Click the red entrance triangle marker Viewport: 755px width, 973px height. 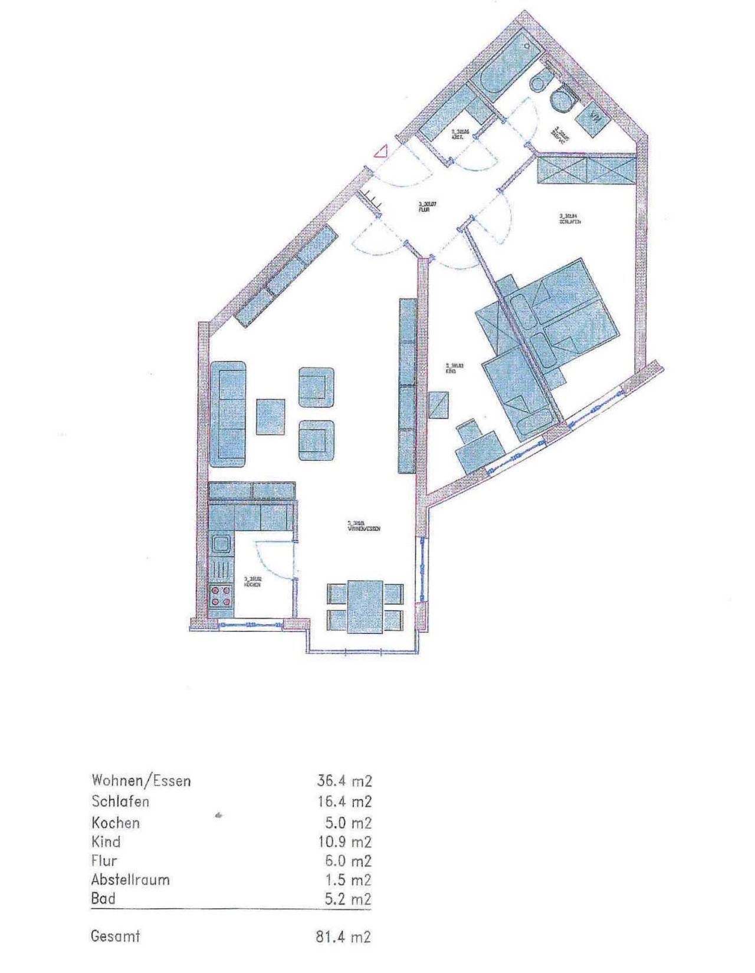[x=380, y=152]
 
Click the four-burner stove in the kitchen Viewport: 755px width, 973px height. [x=221, y=595]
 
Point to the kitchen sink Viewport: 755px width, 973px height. [x=221, y=543]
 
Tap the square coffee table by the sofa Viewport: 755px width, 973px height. [x=270, y=416]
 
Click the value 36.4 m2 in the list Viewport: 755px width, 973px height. [x=345, y=781]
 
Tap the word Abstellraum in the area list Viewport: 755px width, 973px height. [x=130, y=880]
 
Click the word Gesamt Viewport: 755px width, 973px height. [x=116, y=936]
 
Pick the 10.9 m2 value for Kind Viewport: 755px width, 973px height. [x=345, y=841]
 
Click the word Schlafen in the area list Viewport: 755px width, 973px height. [x=120, y=801]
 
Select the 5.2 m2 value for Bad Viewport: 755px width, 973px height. [x=350, y=899]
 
